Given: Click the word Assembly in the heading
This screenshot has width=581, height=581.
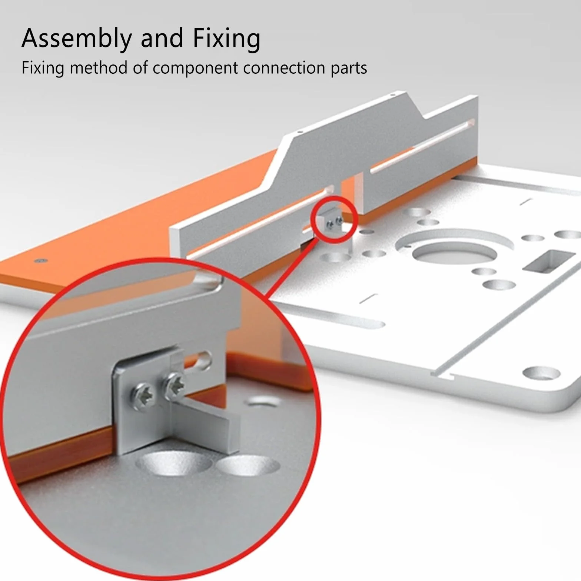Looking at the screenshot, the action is (x=77, y=39).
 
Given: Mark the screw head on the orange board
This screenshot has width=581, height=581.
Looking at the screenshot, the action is (x=41, y=260).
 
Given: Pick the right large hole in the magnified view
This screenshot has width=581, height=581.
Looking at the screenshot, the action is (x=248, y=465).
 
